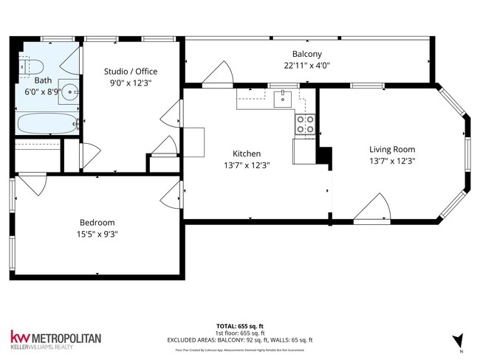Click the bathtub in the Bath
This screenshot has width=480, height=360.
point(46,123)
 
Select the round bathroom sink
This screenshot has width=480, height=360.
point(69,92)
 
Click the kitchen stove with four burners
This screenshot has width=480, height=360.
point(306,125)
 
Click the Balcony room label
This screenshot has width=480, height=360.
point(306,55)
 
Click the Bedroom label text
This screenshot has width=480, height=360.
point(97,222)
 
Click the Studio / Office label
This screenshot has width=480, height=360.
point(130,72)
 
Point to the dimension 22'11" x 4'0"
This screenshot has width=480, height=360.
point(306,66)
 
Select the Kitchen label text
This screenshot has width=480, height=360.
point(246,153)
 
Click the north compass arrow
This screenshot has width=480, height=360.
point(459,340)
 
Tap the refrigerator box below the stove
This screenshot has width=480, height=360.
point(304,150)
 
